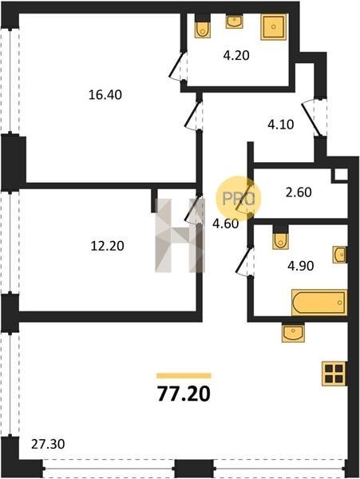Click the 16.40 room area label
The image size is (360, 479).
click(105, 95)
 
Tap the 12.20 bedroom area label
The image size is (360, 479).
click(108, 246)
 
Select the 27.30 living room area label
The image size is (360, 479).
click(48, 444)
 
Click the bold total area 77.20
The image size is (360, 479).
click(184, 394)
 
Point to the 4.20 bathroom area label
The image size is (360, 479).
click(236, 56)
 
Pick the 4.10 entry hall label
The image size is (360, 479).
click(281, 125)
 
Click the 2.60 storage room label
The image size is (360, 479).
click(299, 192)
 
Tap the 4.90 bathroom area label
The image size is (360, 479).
click(300, 266)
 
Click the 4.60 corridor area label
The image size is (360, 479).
click(225, 224)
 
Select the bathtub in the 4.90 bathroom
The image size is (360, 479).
click(319, 303)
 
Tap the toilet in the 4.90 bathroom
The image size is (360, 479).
click(280, 238)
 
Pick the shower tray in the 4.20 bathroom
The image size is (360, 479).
click(274, 27)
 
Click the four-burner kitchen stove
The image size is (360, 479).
click(334, 374)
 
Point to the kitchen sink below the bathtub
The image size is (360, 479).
click(293, 332)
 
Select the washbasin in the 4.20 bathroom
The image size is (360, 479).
click(234, 22)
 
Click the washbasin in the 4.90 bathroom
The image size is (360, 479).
click(340, 254)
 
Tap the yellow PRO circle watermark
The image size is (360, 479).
click(239, 199)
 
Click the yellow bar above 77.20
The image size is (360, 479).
click(184, 376)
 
